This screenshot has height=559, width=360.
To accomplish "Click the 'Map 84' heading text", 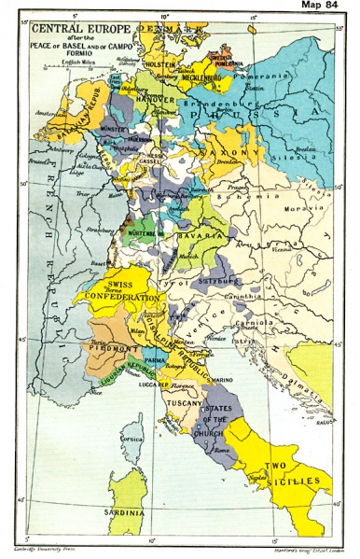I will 326,7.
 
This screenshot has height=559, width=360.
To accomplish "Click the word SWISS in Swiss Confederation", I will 125,284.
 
